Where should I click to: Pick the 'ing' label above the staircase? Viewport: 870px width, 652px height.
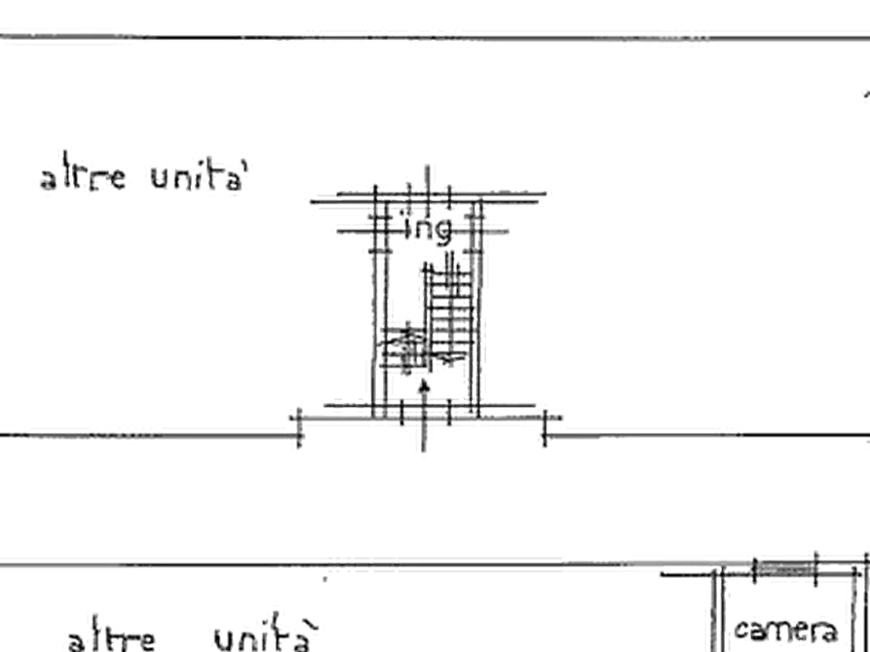coord(428,230)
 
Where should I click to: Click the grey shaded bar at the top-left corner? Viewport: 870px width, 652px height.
coord(63,37)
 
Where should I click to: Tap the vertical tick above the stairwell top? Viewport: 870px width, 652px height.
coord(425,175)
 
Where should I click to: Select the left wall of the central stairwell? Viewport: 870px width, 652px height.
coord(376,302)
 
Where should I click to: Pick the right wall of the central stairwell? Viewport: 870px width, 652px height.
coord(479,302)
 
